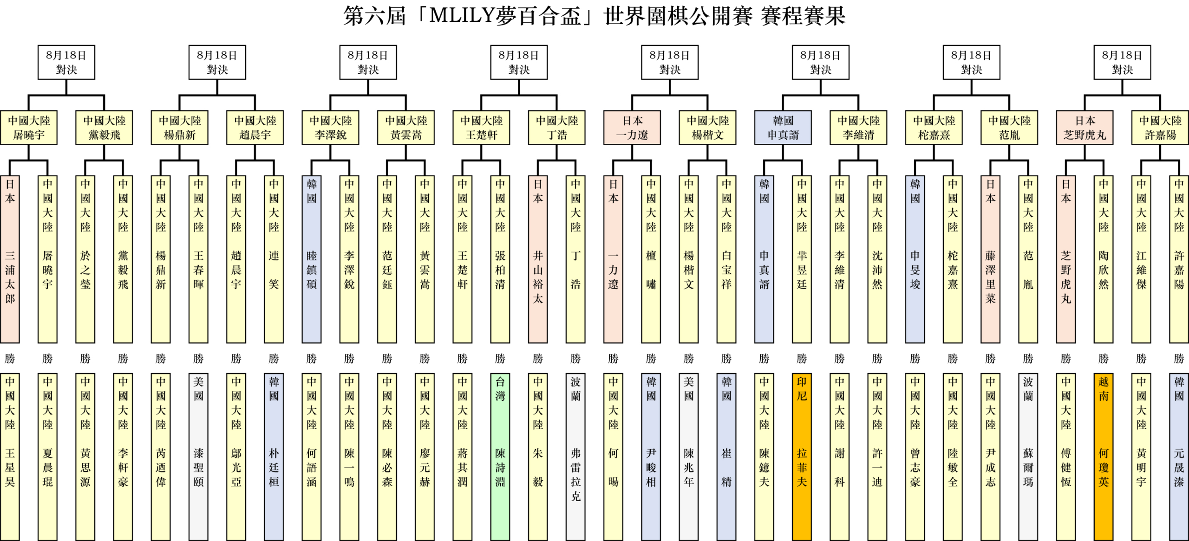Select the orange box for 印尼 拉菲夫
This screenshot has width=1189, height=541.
(x=802, y=457)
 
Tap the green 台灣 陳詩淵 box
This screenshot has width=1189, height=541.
(x=500, y=457)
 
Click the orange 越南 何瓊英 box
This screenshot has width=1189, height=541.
(x=1104, y=457)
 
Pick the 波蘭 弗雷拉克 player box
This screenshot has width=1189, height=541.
(x=575, y=457)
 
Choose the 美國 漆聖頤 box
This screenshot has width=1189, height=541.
(x=198, y=457)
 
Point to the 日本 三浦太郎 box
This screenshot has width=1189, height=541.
(x=10, y=259)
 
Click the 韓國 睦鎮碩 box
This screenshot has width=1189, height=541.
(x=312, y=259)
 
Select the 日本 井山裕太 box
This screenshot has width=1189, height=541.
(x=538, y=259)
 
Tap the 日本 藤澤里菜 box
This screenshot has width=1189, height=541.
(x=990, y=259)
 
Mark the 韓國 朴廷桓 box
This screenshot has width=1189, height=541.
(x=274, y=457)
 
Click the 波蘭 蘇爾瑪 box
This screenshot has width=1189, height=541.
(x=1028, y=457)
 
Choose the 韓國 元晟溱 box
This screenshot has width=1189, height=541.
(x=1179, y=457)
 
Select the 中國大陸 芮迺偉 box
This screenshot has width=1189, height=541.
(x=161, y=457)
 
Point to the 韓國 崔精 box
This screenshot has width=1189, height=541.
(x=726, y=457)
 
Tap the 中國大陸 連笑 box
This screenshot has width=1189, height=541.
(x=274, y=259)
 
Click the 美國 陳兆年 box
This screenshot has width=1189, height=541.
(x=689, y=457)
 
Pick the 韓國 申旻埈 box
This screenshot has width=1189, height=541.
(x=915, y=259)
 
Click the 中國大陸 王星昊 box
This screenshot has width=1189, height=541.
(x=10, y=457)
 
